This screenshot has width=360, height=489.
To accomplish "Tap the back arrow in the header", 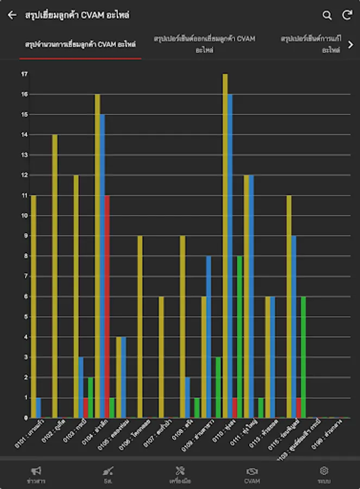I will pyautogui.click(x=12, y=15).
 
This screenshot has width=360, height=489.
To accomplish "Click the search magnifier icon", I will pyautogui.click(x=327, y=15).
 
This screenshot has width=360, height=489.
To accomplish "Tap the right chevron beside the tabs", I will pyautogui.click(x=351, y=45).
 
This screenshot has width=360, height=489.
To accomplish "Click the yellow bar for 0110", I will pyautogui.click(x=225, y=246).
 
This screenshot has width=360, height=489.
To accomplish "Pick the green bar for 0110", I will pyautogui.click(x=239, y=337).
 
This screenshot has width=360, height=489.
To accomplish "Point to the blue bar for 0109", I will pyautogui.click(x=209, y=337).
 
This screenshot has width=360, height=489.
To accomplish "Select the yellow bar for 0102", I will pyautogui.click(x=55, y=276).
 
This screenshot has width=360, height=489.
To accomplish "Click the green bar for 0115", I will pyautogui.click(x=304, y=357).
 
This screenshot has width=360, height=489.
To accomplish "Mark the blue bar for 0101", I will pyautogui.click(x=39, y=407).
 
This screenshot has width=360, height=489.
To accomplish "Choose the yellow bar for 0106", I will pyautogui.click(x=140, y=327).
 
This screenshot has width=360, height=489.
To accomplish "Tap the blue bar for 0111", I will pyautogui.click(x=251, y=296).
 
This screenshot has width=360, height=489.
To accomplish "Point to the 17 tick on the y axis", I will pyautogui.click(x=24, y=74).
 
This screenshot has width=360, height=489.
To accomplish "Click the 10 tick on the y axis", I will pyautogui.click(x=24, y=216).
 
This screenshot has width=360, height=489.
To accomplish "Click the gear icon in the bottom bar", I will pyautogui.click(x=324, y=471).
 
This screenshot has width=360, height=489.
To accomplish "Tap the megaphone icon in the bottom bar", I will pyautogui.click(x=36, y=471).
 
